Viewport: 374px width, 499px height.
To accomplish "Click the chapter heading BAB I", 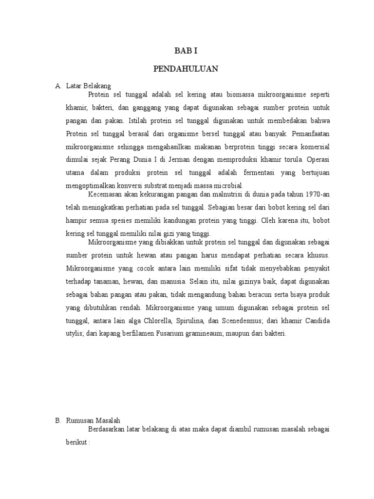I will tap(186, 51).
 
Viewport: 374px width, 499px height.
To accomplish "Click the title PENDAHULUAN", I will tap(186, 69).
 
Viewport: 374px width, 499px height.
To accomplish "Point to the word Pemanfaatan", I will tap(310, 133).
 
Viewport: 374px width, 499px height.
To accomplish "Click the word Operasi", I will tap(319, 159).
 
